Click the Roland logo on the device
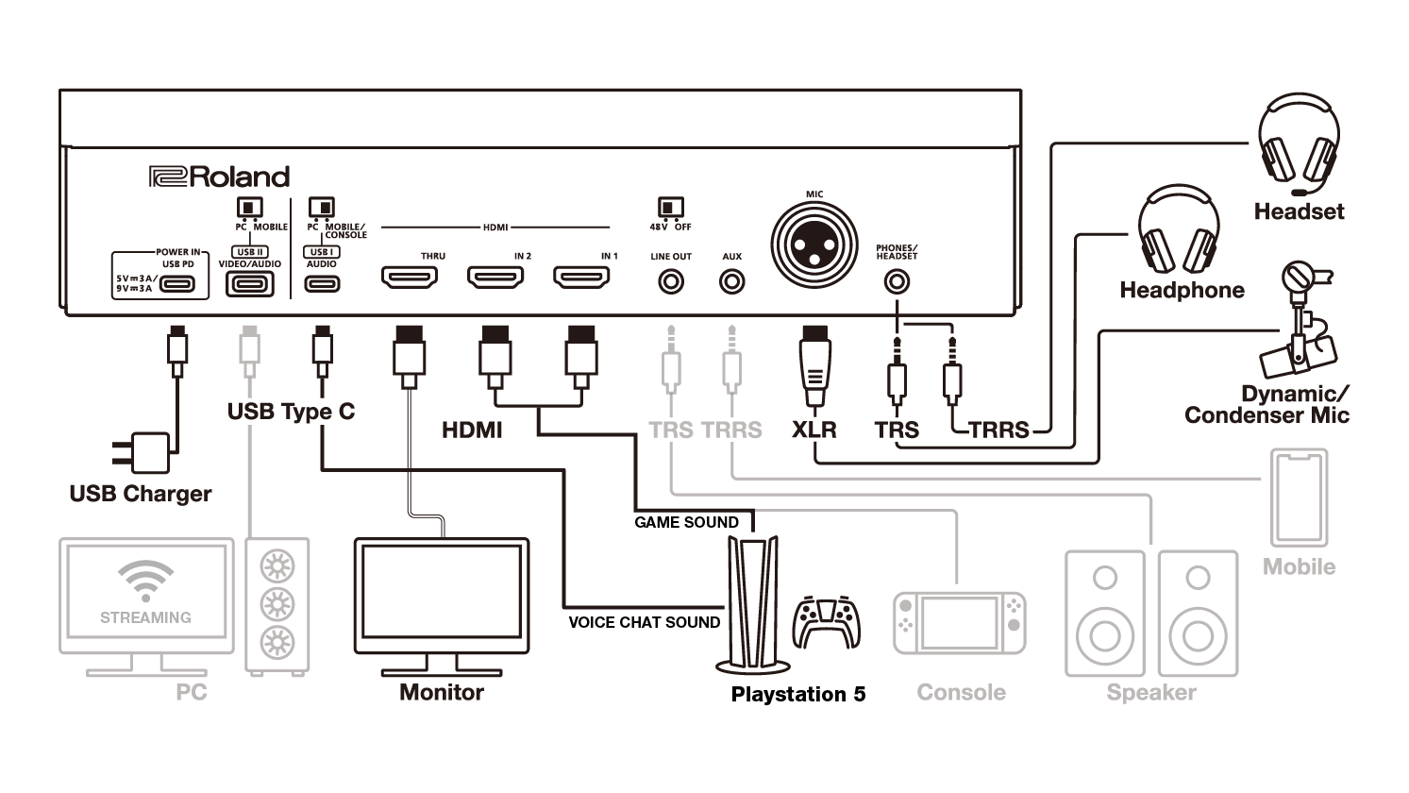point(219,177)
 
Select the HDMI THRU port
point(409,278)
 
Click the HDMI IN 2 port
point(495,278)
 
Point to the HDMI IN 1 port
point(581,278)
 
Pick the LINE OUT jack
point(671,281)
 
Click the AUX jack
point(731,281)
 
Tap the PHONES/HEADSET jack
point(896,281)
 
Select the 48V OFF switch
point(671,207)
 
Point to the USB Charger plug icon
point(143,453)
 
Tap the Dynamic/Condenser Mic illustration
point(1302,321)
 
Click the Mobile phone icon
point(1299,498)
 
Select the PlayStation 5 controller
point(827,620)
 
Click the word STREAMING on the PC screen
point(145,617)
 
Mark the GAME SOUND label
point(686,522)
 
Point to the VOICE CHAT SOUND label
point(644,622)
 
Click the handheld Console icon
point(959,624)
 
